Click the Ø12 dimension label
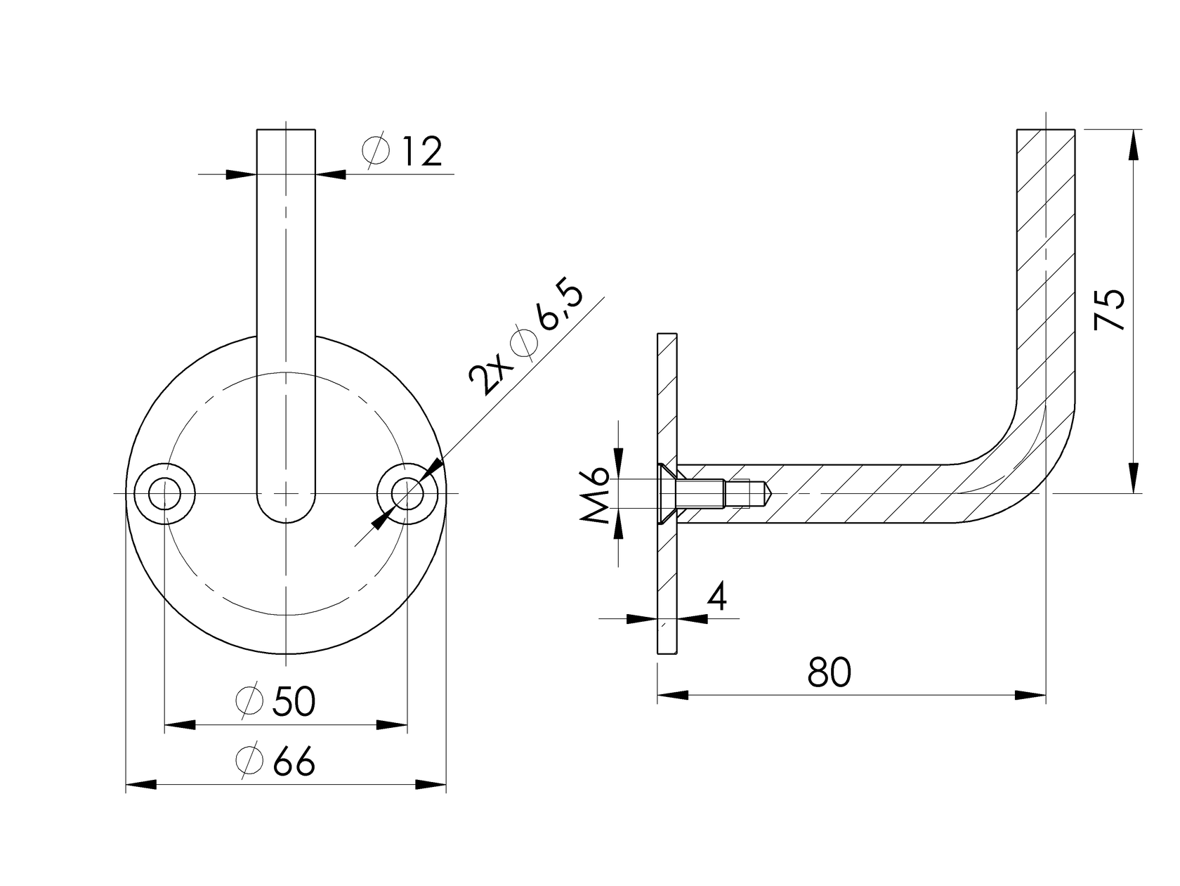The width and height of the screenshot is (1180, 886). (x=402, y=151)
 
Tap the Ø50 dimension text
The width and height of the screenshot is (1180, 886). (x=276, y=701)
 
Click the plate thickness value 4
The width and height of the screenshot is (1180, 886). (x=716, y=597)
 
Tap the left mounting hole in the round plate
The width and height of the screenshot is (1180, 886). (x=164, y=493)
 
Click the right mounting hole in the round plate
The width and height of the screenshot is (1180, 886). (x=407, y=493)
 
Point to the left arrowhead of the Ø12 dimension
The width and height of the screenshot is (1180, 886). (x=241, y=174)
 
